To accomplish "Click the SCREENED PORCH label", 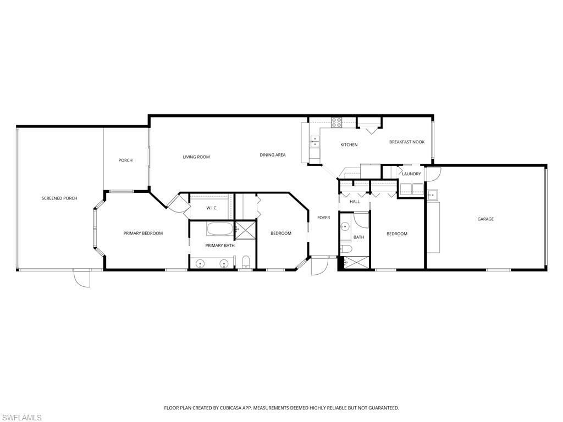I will pos(59,198).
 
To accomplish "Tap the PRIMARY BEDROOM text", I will pos(143,234).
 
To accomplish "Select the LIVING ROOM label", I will pos(196,157).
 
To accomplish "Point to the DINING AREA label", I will pos(273,155).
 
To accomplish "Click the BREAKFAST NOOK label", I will pos(407,142).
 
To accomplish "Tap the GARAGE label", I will pos(485,219).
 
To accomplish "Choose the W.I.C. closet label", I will pos(212,208).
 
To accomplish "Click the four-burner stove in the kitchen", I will pos(336,123).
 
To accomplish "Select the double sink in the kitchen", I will pos(315,141).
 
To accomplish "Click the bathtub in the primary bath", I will pos(220,228).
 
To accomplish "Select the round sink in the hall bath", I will pos(345,226).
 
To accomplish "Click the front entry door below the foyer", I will pos(318,266).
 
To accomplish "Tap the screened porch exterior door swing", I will pos(81,279).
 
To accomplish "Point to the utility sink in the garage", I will pos(432,195).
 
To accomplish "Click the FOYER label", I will pos(324,218).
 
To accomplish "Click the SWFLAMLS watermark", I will pos(21,418).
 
